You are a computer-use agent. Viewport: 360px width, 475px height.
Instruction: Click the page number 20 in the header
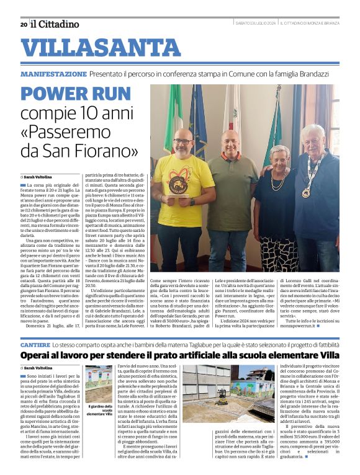tap(24, 24)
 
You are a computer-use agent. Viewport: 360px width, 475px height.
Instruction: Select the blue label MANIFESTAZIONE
tap(53, 74)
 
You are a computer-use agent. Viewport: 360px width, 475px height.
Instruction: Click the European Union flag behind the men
tap(198, 118)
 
